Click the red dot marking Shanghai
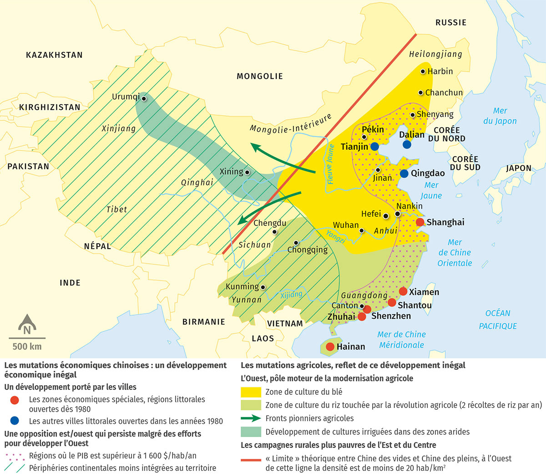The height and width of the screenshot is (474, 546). point(420,222)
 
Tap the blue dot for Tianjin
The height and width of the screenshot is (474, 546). point(374,147)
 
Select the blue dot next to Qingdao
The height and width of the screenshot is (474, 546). point(404,173)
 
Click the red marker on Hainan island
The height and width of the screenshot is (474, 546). point(330,347)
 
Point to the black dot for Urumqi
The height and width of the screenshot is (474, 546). point(144,98)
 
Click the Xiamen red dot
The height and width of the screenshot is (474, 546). point(403,291)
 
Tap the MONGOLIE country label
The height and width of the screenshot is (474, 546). point(259,76)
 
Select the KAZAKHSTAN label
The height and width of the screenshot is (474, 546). point(54,55)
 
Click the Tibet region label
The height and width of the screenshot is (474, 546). point(116,209)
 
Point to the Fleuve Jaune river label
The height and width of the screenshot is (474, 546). point(331,164)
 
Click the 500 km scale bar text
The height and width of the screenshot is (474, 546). point(27,347)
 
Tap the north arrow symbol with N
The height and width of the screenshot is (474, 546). point(27,325)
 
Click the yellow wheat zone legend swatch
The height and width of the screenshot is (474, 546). point(250,392)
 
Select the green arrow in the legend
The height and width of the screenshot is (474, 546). point(250,418)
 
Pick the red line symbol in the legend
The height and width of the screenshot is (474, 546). point(250,459)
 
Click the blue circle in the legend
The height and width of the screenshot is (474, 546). point(15,421)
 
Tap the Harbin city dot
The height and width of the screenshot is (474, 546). point(423,71)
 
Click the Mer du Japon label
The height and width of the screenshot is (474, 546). point(500,116)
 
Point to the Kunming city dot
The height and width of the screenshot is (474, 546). point(263,287)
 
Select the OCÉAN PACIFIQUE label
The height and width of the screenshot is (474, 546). point(498,320)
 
